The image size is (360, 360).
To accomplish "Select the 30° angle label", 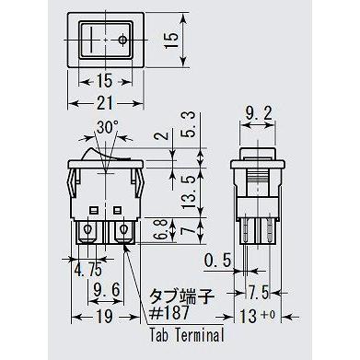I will (x=109, y=127).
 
